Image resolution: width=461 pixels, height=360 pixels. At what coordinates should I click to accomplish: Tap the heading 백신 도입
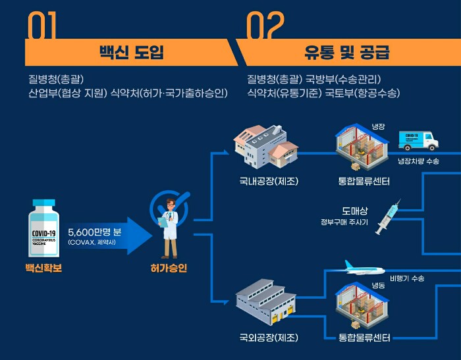pos(130,53)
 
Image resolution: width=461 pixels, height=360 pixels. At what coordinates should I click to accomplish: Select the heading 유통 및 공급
pos(346,53)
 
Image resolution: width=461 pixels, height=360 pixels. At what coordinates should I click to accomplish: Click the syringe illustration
pos(388,218)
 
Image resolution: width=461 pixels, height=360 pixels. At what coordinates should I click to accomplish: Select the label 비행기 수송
pos(406,278)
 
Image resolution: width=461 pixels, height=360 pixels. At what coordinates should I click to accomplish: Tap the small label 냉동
pos(378,286)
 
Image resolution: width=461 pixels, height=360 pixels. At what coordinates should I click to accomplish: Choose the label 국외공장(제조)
pos(269,338)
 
